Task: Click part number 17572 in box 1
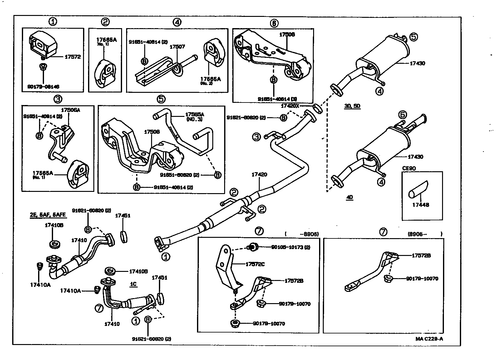coord(72,57)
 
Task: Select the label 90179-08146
coord(43,87)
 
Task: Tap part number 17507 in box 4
coord(177,47)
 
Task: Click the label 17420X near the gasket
coord(290,106)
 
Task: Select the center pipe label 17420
coord(259,174)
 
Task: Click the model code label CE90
coord(409,168)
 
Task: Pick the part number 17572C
coord(255,264)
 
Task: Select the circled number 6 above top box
coord(274,23)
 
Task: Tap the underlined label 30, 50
coord(352,106)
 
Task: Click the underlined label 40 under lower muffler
coord(350,197)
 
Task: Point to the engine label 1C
coord(133,284)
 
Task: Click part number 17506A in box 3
coord(70,110)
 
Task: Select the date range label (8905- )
coord(425,234)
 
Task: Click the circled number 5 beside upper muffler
coord(413,37)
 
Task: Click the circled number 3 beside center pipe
coord(256,137)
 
